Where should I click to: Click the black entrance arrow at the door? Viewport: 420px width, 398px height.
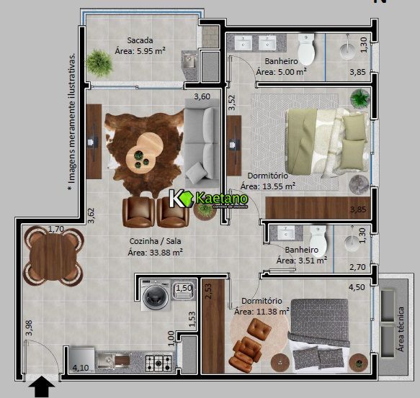tap(43, 389)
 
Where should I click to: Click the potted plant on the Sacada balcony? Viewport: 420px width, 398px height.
tap(100, 63)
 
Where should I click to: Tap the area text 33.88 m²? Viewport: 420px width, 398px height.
tap(155, 252)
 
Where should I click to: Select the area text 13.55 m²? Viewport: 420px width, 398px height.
tap(268, 186)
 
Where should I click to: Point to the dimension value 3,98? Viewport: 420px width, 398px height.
tap(28, 328)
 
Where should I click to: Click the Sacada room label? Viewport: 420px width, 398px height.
tap(140, 40)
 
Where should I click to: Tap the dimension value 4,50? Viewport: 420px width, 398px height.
tap(357, 287)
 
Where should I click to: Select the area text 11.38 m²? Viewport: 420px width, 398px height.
tap(262, 312)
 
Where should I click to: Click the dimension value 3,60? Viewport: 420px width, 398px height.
tap(202, 96)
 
